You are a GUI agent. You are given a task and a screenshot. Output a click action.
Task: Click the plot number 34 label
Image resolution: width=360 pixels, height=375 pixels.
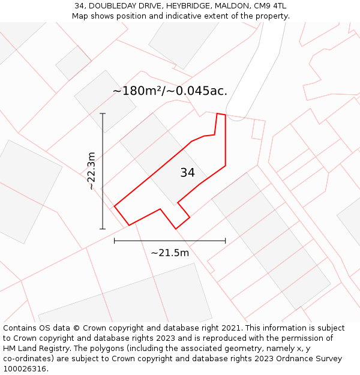[x=187, y=173]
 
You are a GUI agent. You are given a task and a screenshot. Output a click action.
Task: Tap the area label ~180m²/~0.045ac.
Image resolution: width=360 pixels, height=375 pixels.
[x=170, y=91]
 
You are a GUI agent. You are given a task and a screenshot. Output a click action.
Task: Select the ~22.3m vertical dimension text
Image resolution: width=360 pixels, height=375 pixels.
[x=91, y=171]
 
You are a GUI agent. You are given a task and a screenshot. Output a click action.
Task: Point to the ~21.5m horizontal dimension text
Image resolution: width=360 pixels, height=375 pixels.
[x=170, y=253]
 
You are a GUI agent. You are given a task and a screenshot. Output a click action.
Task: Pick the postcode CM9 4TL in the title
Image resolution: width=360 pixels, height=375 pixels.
[x=270, y=6]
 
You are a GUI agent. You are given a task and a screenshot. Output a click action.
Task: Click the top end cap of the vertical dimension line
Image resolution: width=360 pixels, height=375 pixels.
[x=103, y=113]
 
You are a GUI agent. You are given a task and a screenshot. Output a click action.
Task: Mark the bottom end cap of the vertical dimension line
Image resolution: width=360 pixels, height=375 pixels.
[x=103, y=229]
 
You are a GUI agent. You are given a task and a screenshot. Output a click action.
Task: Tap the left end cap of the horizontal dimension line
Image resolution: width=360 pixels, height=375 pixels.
[x=114, y=241]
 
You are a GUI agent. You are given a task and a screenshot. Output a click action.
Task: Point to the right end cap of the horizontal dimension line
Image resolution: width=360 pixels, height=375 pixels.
[x=226, y=241]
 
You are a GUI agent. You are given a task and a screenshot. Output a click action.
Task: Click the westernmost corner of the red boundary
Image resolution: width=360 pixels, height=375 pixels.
[x=114, y=206]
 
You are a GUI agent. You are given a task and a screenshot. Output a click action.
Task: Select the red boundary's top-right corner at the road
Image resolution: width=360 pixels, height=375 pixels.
[x=225, y=115]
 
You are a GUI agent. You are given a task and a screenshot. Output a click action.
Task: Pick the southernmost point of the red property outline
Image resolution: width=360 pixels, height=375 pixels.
[x=176, y=229]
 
